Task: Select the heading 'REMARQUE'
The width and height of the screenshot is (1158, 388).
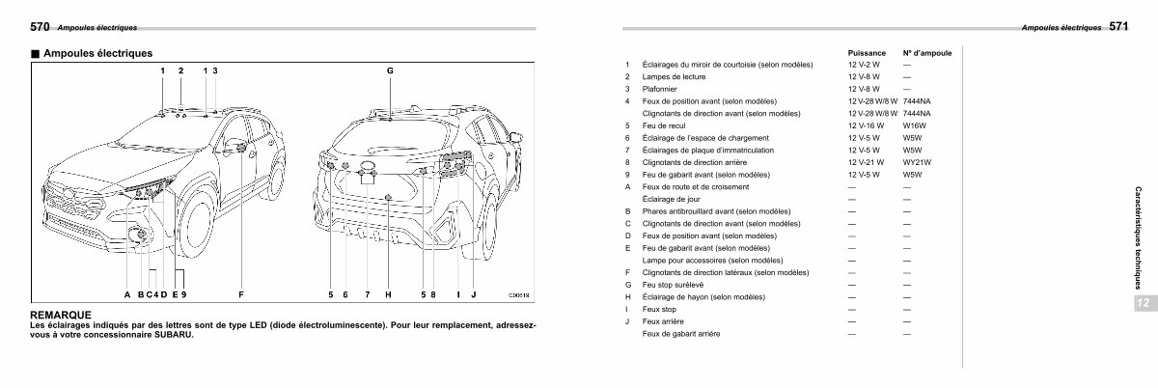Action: coord(61,315)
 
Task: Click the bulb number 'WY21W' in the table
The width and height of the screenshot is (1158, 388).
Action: coord(915,162)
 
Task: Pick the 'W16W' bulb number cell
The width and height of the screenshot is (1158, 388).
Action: coord(913,125)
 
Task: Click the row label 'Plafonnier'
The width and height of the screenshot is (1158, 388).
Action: coord(661,89)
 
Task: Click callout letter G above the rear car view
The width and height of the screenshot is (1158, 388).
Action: coord(390,71)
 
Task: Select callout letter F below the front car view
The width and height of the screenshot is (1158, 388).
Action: coord(240,293)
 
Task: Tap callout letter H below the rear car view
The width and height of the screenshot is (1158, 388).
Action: coord(387,293)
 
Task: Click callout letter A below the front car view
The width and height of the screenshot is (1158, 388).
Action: coord(126,293)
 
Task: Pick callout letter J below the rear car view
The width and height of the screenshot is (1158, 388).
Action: coord(474,293)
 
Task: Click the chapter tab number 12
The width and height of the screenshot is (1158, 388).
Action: coord(1143,303)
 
